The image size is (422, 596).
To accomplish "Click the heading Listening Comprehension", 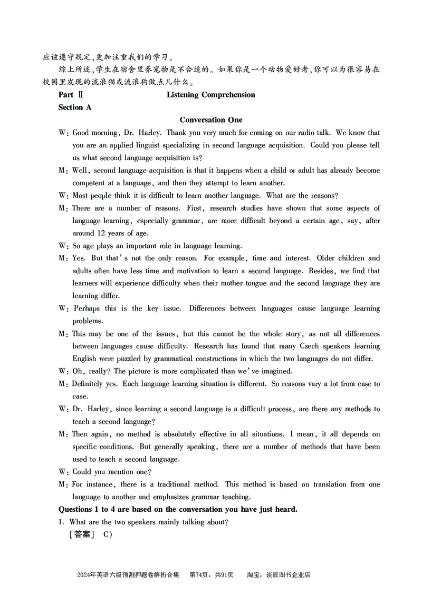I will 210,95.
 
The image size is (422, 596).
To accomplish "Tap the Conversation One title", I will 210,120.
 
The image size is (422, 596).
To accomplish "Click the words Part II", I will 68,95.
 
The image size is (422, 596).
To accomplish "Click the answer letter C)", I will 108,534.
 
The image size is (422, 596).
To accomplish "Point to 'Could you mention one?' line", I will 112,472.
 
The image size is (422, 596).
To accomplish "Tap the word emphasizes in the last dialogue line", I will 179,496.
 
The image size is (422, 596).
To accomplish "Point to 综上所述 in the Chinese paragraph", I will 74,69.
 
